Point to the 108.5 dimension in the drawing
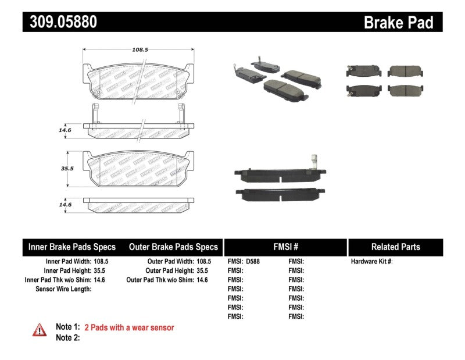tap(140, 50)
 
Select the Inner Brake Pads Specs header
tap(72, 247)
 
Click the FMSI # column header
tap(285, 247)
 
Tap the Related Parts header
tap(395, 247)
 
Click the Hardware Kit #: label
tap(371, 262)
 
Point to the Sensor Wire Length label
tap(63, 289)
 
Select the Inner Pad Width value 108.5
tap(101, 262)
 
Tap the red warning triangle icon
tap(40, 330)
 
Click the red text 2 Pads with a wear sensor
tap(129, 327)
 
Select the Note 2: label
tap(67, 337)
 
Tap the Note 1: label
tap(67, 327)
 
